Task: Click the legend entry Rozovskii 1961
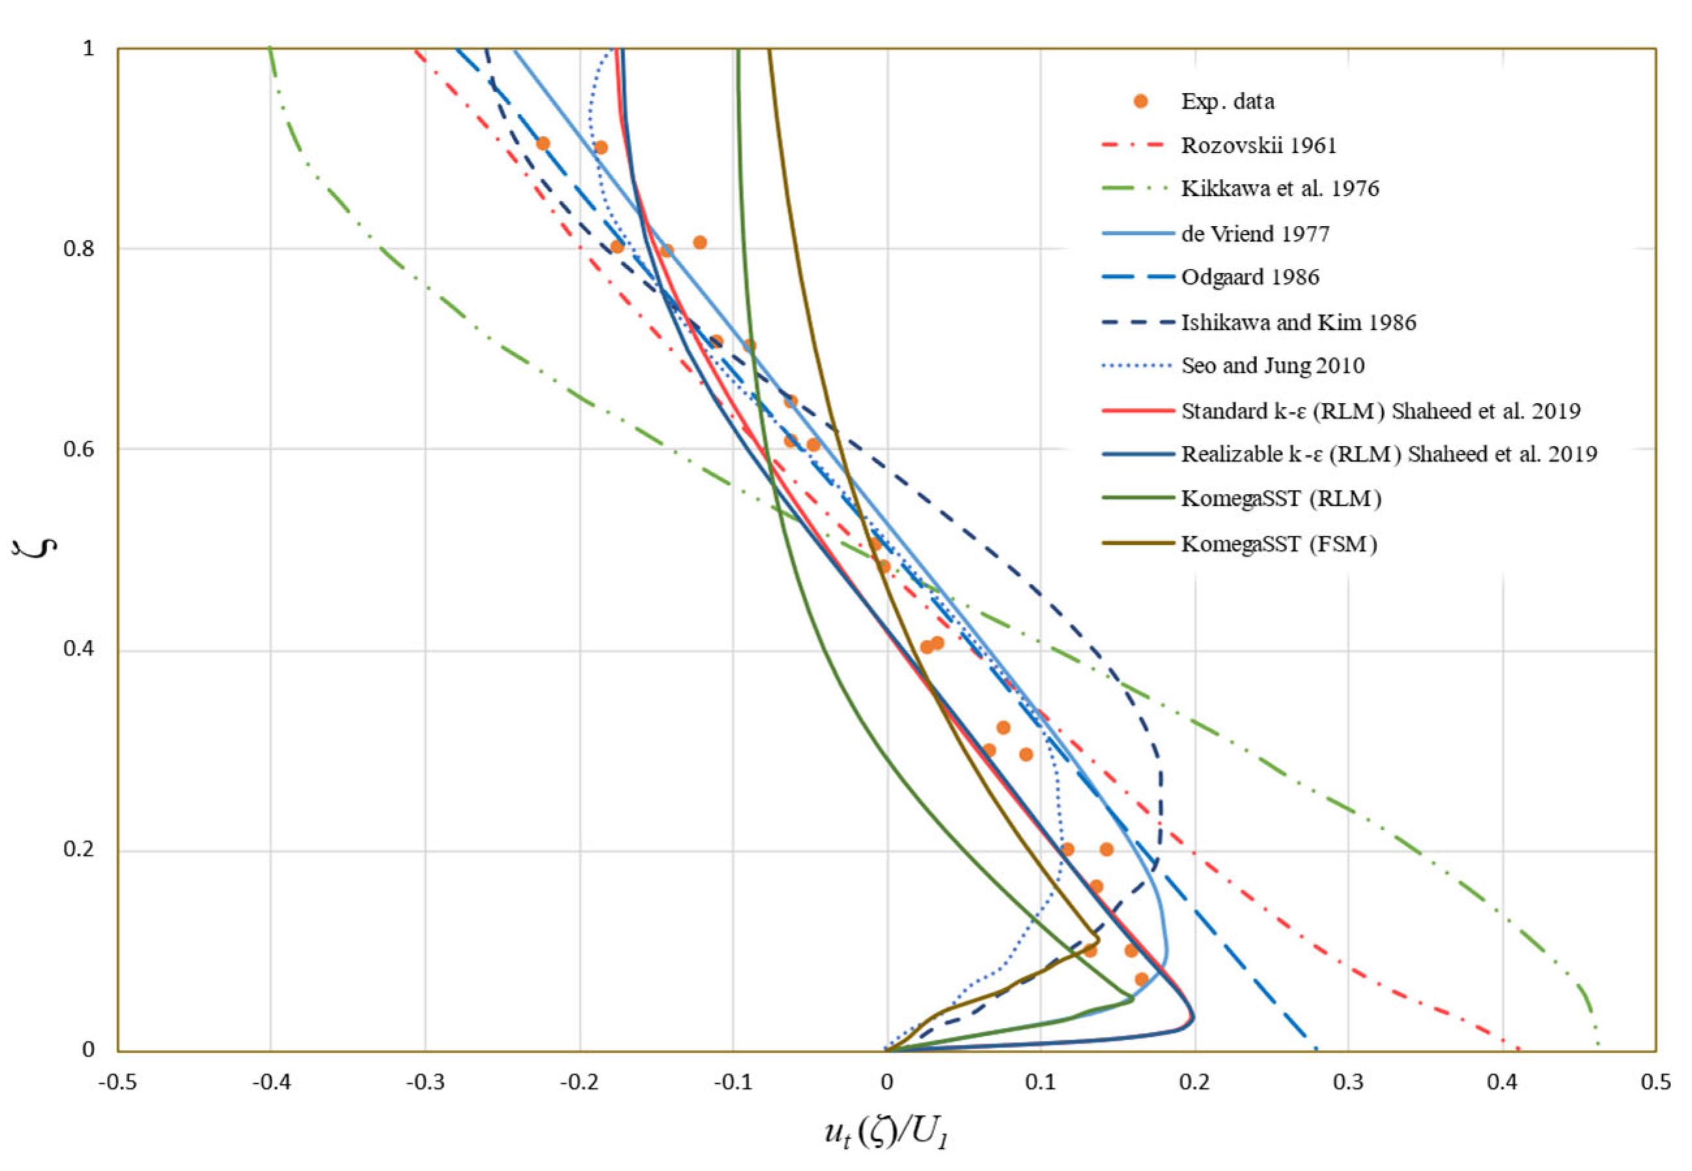tap(1258, 145)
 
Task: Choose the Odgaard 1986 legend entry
tap(1249, 277)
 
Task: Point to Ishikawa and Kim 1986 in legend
tap(1298, 322)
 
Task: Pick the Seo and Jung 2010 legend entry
tap(1272, 365)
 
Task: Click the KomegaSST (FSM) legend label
tap(1278, 544)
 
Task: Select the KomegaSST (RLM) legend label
tap(1281, 499)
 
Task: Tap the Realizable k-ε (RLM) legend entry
tap(1388, 454)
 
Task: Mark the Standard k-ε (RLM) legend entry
tap(1380, 410)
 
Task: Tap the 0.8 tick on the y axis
tap(79, 249)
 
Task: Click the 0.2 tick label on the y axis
tap(79, 849)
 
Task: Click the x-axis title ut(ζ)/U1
tap(886, 1133)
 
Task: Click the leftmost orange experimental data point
tap(543, 144)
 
